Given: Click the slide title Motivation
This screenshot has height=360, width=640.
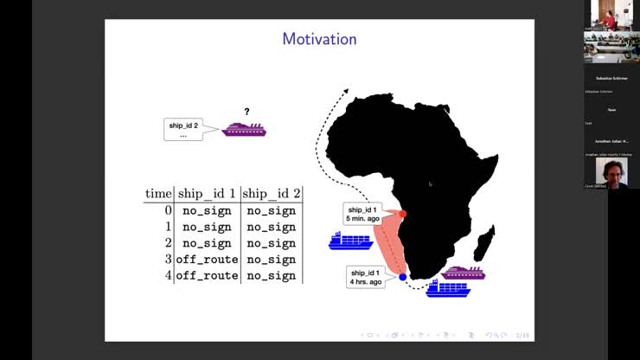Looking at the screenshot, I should (x=319, y=39).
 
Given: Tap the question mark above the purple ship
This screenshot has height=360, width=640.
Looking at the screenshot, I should (x=246, y=112).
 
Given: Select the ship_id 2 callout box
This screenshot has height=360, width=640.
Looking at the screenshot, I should (x=183, y=130).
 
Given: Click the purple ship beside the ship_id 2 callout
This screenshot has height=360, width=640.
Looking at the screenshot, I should (x=244, y=130).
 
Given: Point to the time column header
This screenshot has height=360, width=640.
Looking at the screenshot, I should (x=158, y=194).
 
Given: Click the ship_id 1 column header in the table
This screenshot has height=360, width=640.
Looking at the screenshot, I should (x=207, y=194).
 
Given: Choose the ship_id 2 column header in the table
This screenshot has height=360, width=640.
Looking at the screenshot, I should (x=271, y=194).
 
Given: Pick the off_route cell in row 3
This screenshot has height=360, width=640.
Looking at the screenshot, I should (x=207, y=260).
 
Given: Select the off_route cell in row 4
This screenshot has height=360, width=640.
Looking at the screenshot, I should (x=207, y=276).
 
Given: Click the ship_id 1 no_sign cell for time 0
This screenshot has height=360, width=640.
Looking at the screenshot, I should (x=207, y=210).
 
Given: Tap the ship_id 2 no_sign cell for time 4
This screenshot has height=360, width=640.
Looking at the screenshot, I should (x=271, y=276).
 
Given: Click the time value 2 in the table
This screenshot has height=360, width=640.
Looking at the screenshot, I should (x=169, y=243).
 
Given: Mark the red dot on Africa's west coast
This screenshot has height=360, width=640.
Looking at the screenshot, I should (x=403, y=214).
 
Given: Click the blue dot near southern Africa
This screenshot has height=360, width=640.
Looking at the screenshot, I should (x=403, y=277).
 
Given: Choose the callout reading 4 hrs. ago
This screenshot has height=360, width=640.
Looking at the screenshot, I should (x=366, y=278).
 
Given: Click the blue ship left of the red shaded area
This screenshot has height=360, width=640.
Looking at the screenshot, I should (x=350, y=241).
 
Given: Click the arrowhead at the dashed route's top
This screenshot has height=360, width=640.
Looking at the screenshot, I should (x=346, y=90).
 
